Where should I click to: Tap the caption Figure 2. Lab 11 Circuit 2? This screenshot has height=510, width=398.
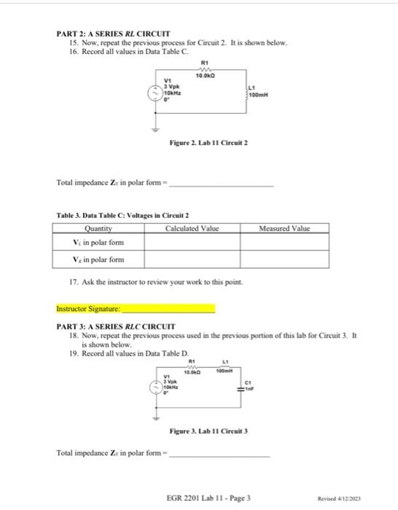pyautogui.click(x=208, y=144)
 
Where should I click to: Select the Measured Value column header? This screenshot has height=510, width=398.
pyautogui.click(x=284, y=228)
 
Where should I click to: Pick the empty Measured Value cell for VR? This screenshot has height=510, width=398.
pyautogui.click(x=284, y=259)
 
